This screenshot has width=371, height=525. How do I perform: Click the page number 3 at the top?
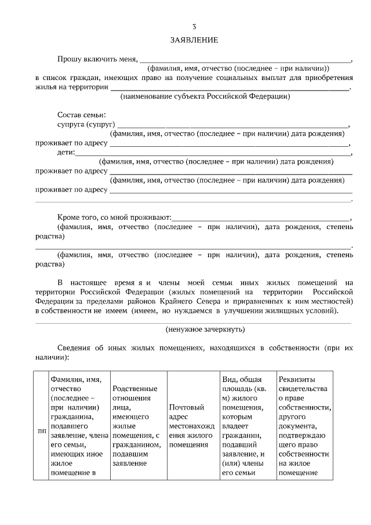[194, 27]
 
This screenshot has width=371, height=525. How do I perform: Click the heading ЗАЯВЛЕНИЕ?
[194, 41]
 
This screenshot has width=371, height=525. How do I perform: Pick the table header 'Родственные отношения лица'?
[136, 426]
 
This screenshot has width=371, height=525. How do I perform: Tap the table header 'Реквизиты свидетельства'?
[304, 426]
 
